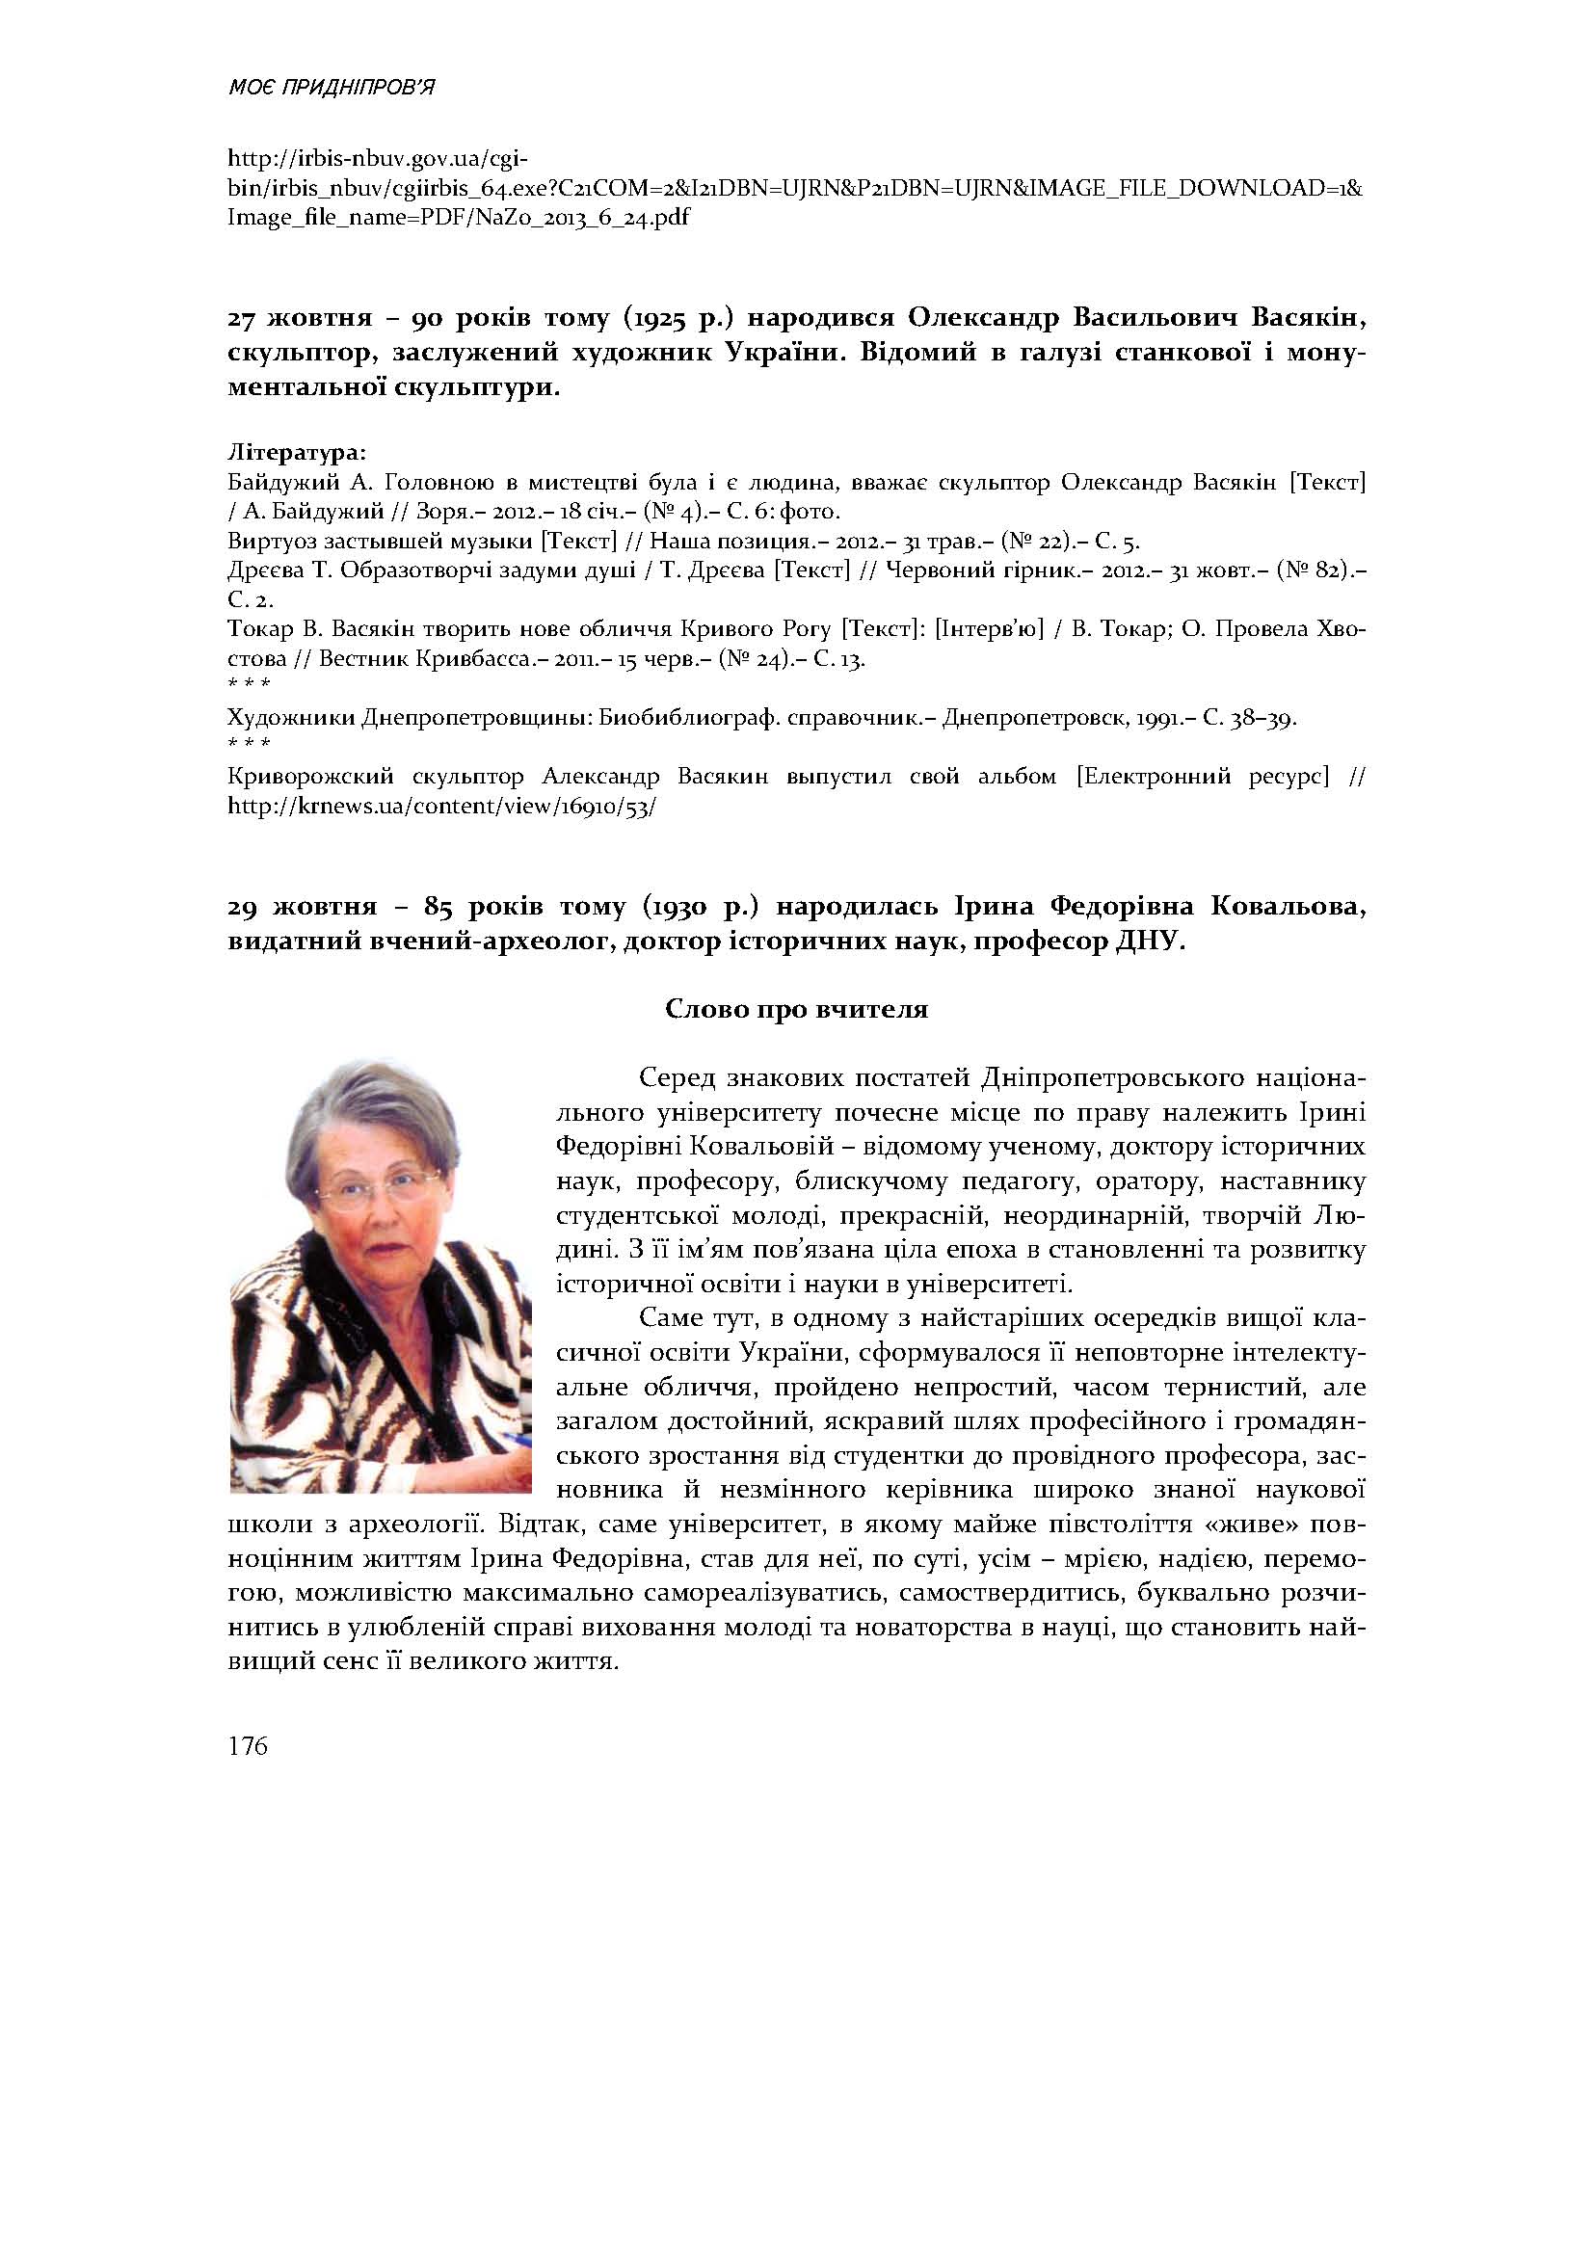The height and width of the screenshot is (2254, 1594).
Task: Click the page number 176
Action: (248, 1746)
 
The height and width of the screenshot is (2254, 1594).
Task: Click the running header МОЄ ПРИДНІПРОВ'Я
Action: (331, 89)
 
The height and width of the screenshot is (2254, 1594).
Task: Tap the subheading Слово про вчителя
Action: (796, 1009)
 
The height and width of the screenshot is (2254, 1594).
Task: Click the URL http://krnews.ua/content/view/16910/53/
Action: (441, 807)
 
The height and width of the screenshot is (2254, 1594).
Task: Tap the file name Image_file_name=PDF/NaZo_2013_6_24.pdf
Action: (458, 217)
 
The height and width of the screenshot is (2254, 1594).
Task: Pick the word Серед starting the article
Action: (677, 1078)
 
